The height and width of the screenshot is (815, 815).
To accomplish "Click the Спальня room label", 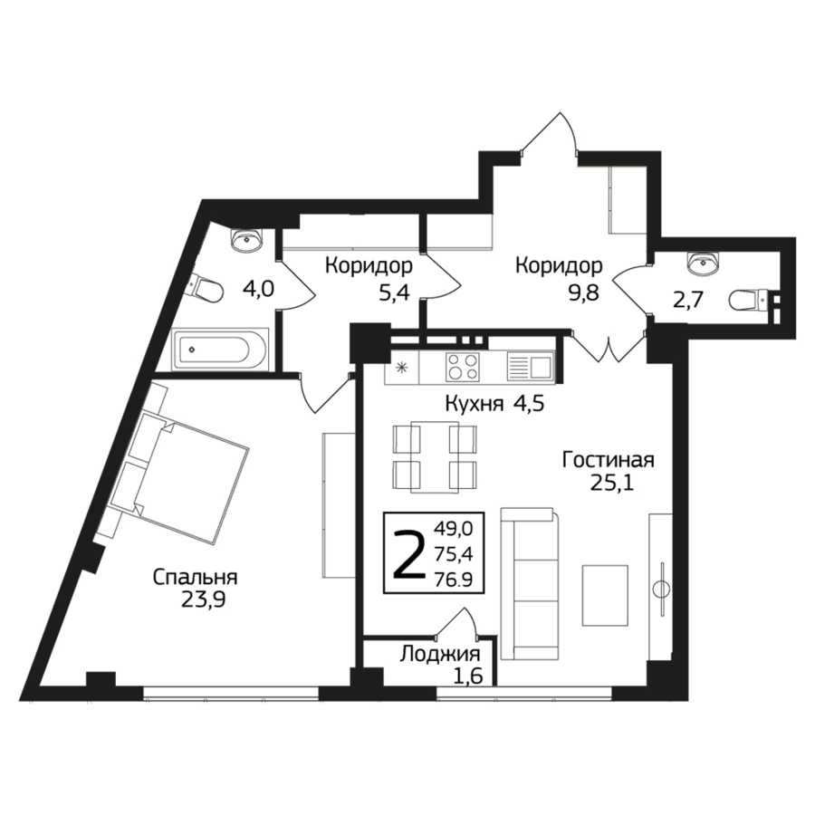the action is point(195,578).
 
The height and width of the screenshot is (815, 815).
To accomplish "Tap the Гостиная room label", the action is point(609,460).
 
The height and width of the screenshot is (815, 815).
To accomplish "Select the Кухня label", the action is point(475,404).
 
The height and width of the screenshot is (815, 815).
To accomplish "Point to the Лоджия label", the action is point(440,655).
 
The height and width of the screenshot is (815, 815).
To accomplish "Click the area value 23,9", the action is point(203,600).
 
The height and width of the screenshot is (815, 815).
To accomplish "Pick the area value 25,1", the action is point(612,484).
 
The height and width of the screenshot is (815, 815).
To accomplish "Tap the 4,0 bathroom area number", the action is point(258,288).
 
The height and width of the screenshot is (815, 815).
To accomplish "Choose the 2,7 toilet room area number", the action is point(689,301).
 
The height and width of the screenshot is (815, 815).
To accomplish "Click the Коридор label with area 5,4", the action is point(369,265).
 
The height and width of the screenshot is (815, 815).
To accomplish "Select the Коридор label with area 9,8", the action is point(559,265).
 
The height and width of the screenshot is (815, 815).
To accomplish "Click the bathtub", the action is point(220,350).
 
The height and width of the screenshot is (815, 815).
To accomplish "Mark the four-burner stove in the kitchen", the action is point(462,367).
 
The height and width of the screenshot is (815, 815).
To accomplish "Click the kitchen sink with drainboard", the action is point(529,367).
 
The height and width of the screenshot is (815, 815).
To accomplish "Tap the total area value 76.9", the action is point(454,579).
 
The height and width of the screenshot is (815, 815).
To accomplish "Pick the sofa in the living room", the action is point(530,584).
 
